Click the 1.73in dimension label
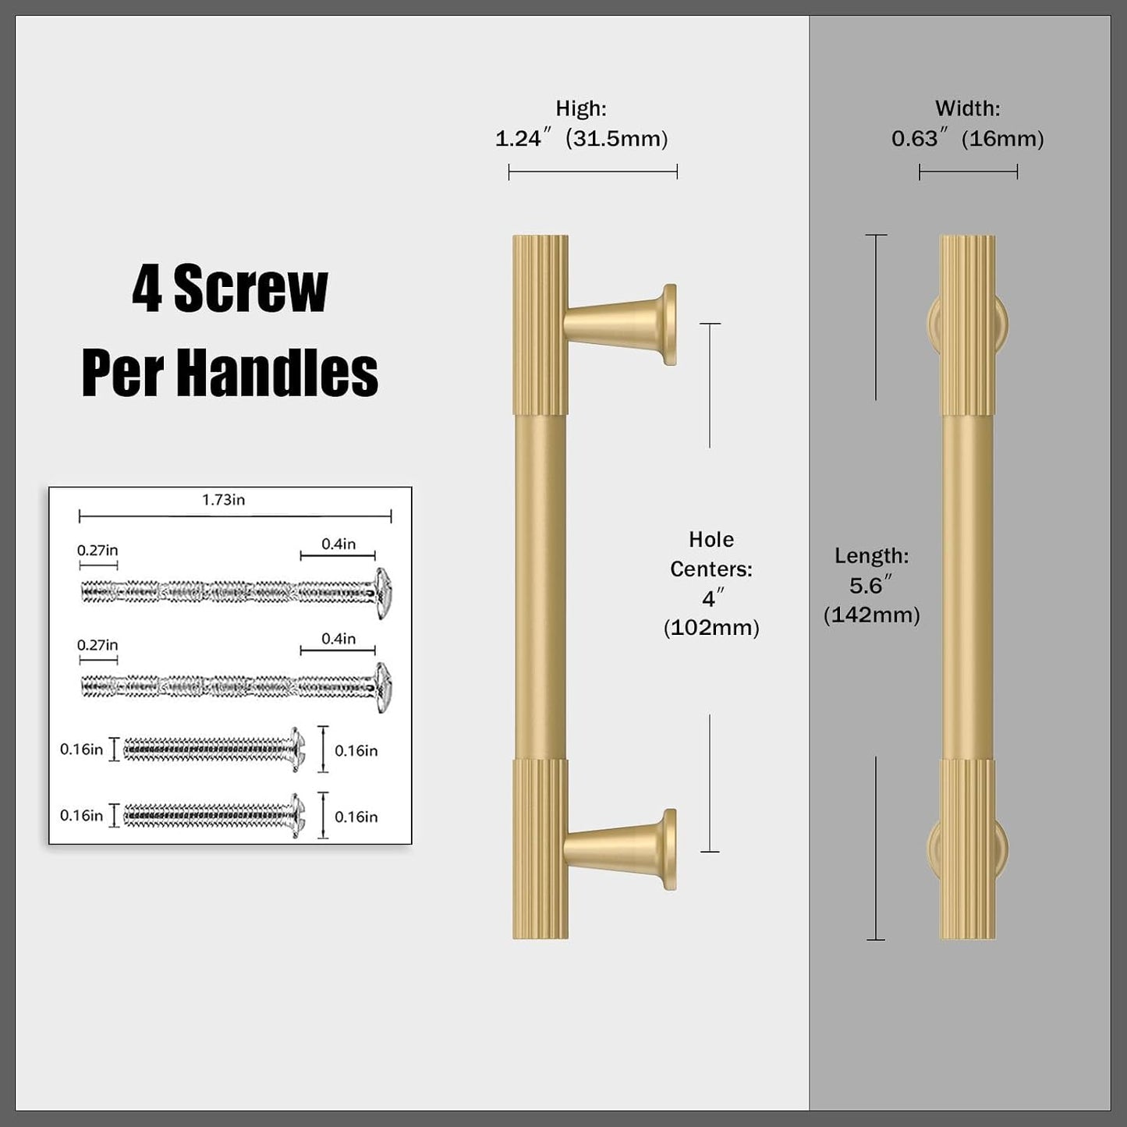click(x=223, y=500)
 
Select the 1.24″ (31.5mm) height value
click(x=581, y=139)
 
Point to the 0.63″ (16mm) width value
click(x=967, y=139)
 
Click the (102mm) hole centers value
click(x=711, y=628)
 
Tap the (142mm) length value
click(x=871, y=615)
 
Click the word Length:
click(x=871, y=556)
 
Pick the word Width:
click(x=967, y=108)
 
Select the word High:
click(x=581, y=108)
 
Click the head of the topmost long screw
click(x=383, y=593)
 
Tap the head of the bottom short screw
click(x=298, y=815)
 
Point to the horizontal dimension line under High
click(x=593, y=172)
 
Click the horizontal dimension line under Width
click(x=968, y=172)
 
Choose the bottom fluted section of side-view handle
click(x=967, y=849)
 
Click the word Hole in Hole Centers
click(x=711, y=539)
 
